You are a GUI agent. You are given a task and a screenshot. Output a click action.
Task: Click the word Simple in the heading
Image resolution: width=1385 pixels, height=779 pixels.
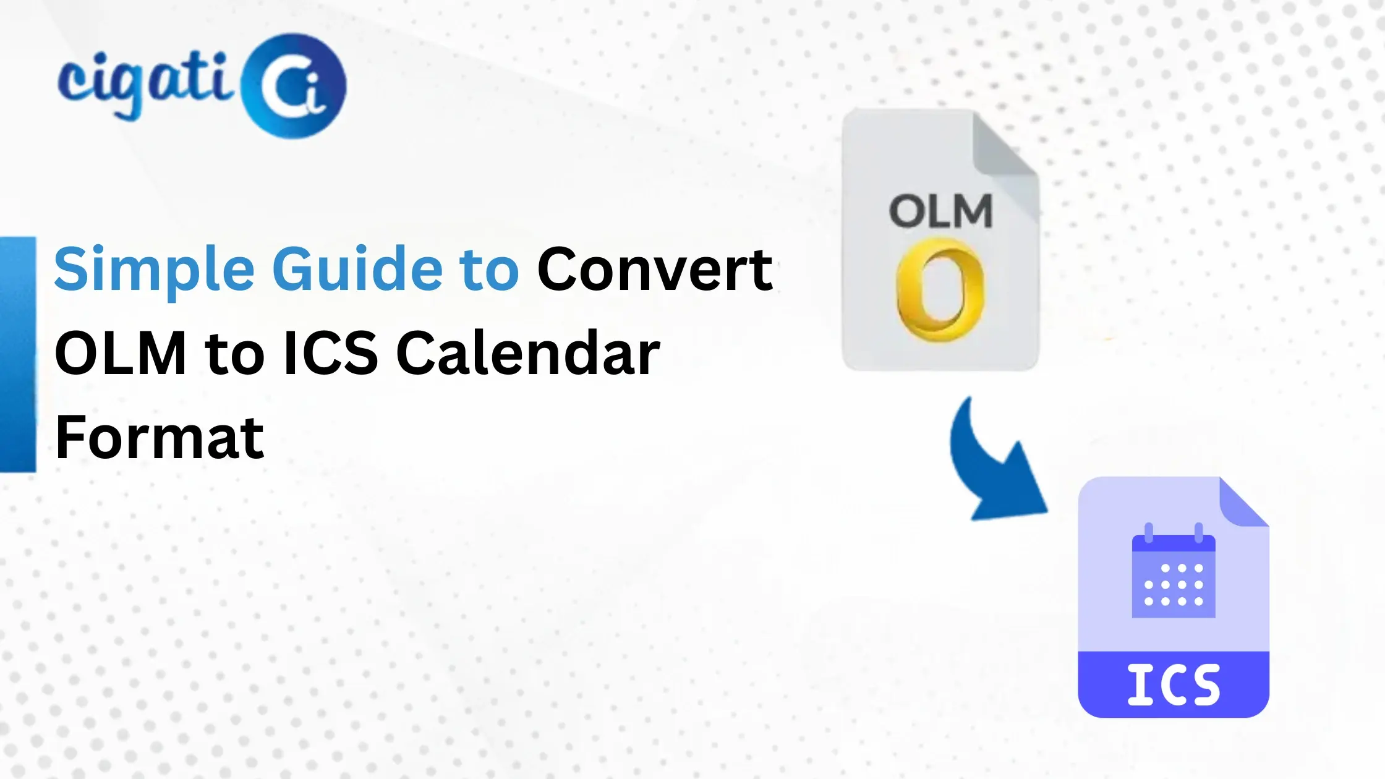click(x=154, y=270)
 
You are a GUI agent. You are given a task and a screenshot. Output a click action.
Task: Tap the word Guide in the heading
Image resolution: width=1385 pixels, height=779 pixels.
click(x=357, y=270)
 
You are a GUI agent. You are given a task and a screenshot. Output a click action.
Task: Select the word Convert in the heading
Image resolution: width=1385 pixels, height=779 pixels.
click(x=655, y=270)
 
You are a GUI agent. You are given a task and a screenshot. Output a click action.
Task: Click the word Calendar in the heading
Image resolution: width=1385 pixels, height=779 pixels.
click(x=528, y=353)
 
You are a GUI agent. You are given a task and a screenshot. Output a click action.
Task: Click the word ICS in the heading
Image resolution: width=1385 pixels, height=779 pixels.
click(x=331, y=353)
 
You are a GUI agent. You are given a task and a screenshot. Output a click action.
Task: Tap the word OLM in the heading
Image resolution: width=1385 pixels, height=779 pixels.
click(x=121, y=353)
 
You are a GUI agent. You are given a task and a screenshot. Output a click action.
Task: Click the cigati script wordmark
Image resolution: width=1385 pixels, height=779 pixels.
click(x=145, y=80)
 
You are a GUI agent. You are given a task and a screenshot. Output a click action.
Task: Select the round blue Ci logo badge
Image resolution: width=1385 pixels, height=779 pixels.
click(x=293, y=86)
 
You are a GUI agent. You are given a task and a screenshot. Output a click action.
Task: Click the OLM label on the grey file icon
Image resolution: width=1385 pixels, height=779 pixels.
click(x=940, y=211)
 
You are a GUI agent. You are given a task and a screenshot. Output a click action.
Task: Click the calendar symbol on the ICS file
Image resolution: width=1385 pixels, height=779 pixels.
click(x=1173, y=575)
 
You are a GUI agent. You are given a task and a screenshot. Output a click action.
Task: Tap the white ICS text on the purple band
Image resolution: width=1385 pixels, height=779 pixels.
click(x=1173, y=684)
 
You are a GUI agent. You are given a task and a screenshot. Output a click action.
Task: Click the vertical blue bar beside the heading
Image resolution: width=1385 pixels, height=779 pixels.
click(x=17, y=354)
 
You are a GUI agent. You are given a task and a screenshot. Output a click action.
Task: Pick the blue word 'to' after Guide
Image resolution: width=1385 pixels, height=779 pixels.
click(x=489, y=270)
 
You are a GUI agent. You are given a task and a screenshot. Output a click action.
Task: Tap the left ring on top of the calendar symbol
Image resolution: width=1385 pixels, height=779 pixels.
click(x=1149, y=532)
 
